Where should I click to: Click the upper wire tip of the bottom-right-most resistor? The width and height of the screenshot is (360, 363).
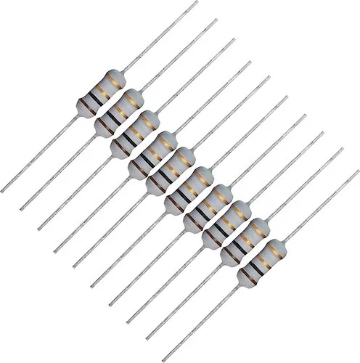[358, 171]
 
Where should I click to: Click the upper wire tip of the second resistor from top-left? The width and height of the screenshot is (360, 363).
[216, 20]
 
